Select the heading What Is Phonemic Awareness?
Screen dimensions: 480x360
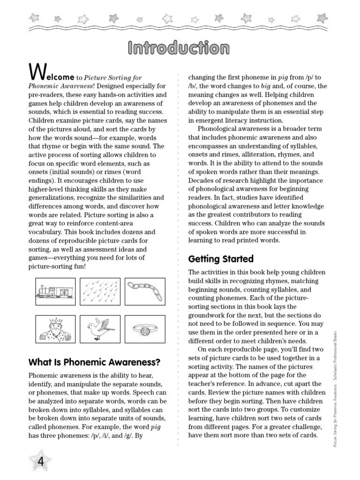94,362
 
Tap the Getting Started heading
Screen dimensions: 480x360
220,259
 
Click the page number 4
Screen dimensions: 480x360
40,461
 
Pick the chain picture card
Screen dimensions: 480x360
144,292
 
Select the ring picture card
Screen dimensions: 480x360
144,329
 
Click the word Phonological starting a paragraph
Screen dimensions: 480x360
218,128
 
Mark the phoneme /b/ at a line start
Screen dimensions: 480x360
194,86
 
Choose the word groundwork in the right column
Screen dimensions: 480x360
209,315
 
